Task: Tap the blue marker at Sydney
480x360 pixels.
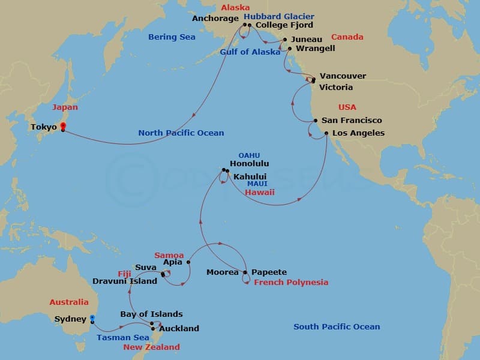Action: point(92,319)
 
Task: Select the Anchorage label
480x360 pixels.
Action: point(215,19)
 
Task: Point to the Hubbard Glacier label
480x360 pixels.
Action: point(279,17)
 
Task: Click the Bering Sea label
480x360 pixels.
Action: point(172,37)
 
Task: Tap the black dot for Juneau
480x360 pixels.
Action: point(285,39)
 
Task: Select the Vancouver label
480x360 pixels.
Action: point(343,76)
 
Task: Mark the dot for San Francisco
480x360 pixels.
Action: point(316,121)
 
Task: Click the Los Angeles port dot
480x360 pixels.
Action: point(326,133)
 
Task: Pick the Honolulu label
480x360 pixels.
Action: point(249,163)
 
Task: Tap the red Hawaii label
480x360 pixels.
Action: point(260,193)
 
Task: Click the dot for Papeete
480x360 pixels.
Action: point(245,272)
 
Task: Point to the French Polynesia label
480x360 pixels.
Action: point(291,283)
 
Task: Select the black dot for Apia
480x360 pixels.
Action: point(188,262)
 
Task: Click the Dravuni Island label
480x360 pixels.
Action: point(125,280)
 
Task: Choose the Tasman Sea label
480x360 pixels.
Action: point(123,338)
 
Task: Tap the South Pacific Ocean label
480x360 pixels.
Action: point(337,327)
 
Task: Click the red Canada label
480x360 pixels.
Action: point(347,37)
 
